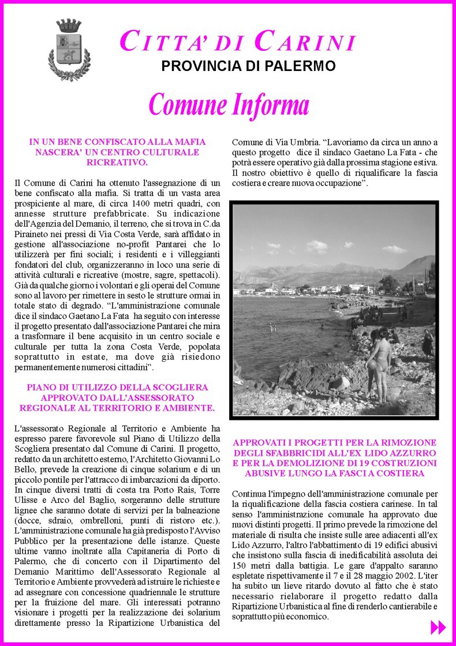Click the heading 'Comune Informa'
click(x=229, y=105)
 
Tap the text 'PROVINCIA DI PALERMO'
click(x=248, y=66)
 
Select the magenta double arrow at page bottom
click(x=438, y=627)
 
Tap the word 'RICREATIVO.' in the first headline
click(x=117, y=163)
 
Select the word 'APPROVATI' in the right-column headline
click(x=257, y=442)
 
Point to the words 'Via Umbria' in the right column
click(x=297, y=142)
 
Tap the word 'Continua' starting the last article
click(x=249, y=494)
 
